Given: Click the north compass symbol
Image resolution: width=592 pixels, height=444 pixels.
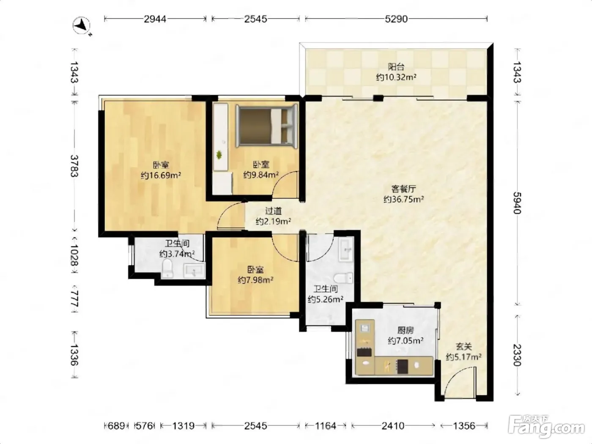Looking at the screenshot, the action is point(82,26).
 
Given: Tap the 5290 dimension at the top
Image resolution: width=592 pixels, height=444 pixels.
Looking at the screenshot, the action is point(396,19).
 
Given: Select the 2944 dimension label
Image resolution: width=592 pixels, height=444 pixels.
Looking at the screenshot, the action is point(155,19).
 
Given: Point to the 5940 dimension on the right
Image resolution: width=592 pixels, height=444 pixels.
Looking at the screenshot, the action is point(517,203).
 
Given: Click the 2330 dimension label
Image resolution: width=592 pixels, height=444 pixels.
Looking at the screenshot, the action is point(517,356).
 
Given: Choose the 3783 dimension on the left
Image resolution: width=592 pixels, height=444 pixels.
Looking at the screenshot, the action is point(74,166).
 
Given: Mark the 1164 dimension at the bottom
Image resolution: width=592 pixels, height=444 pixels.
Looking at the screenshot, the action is point(326,426).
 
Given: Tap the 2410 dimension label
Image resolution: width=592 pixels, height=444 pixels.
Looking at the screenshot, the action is point(393,426).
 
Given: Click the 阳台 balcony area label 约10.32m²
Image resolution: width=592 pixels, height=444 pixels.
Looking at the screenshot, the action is point(396,77).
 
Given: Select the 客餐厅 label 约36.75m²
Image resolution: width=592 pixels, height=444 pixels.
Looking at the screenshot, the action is point(403,199).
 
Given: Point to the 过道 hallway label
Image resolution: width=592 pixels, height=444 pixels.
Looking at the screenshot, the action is point(274,210).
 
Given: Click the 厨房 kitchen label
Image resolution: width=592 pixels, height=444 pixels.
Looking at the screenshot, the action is point(406,330).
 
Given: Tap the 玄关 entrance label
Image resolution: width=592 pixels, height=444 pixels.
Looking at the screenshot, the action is point(463,346).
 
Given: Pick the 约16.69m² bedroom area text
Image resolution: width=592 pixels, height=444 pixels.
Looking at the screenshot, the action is point(161,175).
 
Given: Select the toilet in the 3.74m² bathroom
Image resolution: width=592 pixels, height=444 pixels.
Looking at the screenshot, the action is point(168,268).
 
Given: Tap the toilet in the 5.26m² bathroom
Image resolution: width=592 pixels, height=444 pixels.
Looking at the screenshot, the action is point(343,278).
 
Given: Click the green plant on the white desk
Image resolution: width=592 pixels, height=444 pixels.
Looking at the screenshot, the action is point(219,155).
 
